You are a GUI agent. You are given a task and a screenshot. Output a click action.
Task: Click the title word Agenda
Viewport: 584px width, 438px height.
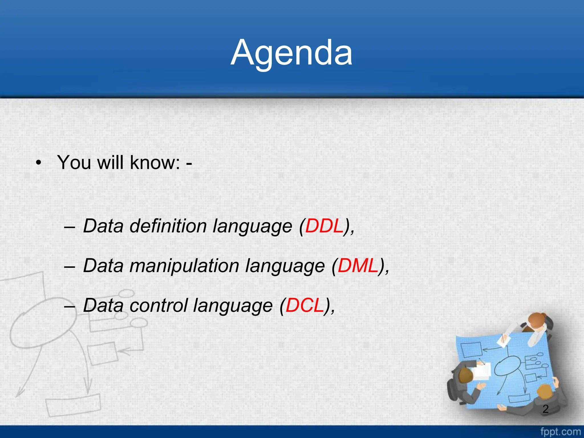pyautogui.click(x=291, y=53)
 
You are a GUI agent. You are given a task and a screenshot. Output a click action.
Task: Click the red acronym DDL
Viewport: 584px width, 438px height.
pyautogui.click(x=324, y=226)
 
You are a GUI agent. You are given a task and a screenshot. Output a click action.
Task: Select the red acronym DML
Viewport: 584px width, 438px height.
pyautogui.click(x=358, y=266)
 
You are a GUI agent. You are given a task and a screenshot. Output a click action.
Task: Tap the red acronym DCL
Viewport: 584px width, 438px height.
pyautogui.click(x=305, y=305)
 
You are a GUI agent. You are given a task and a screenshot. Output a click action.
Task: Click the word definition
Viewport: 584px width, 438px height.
pyautogui.click(x=168, y=226)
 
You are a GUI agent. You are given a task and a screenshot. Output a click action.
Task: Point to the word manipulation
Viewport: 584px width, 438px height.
pyautogui.click(x=184, y=266)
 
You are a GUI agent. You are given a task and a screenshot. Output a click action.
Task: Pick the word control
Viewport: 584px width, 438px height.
pyautogui.click(x=159, y=305)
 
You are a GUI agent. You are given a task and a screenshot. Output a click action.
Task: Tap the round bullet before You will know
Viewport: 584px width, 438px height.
pyautogui.click(x=39, y=163)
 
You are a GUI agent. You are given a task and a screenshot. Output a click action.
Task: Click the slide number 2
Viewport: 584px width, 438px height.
pyautogui.click(x=546, y=409)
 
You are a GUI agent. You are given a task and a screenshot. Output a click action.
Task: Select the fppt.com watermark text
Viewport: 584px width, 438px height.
pyautogui.click(x=560, y=432)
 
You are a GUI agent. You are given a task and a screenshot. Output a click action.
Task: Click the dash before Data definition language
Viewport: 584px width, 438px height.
pyautogui.click(x=70, y=227)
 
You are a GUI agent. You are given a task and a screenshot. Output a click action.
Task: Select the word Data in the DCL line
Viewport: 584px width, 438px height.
pyautogui.click(x=103, y=305)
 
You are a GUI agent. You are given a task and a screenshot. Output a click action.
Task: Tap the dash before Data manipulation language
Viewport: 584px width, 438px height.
pyautogui.click(x=70, y=267)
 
